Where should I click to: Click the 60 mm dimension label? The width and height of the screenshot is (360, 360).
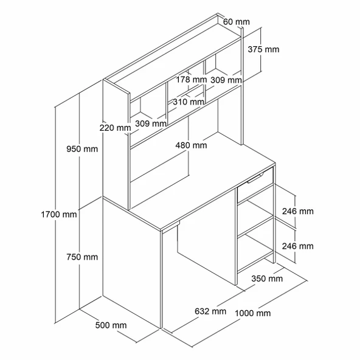[x=236, y=22]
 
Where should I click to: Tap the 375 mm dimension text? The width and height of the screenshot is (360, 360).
[x=263, y=49]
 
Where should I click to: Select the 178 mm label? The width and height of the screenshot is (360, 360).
[x=191, y=80]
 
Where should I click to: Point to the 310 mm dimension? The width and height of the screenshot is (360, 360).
[x=189, y=102]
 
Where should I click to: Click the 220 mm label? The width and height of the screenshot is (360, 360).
[x=115, y=128]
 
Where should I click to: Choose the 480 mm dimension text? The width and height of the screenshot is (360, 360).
[x=191, y=145]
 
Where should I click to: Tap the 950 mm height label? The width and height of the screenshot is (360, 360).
[x=82, y=149]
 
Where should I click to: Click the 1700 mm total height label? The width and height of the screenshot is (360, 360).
[x=59, y=215]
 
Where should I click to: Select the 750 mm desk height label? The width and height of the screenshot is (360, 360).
[x=82, y=257]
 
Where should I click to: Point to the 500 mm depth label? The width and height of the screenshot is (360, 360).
[x=111, y=325]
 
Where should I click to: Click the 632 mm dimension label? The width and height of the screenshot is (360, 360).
[x=210, y=311]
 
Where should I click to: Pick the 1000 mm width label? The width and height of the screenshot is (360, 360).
[x=252, y=313]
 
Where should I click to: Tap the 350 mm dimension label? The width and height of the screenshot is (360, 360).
[x=267, y=279]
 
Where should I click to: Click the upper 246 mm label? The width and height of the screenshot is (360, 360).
[x=298, y=211]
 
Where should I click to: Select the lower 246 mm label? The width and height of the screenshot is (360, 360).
[x=298, y=246]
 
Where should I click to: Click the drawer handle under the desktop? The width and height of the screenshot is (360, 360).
[x=255, y=179]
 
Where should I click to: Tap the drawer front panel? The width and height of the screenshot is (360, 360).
[x=255, y=185]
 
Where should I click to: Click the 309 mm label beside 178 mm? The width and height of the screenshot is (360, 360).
[x=226, y=80]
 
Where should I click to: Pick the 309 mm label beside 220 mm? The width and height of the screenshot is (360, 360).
[x=151, y=124]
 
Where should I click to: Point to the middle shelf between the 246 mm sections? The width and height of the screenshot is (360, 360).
[x=255, y=226]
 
